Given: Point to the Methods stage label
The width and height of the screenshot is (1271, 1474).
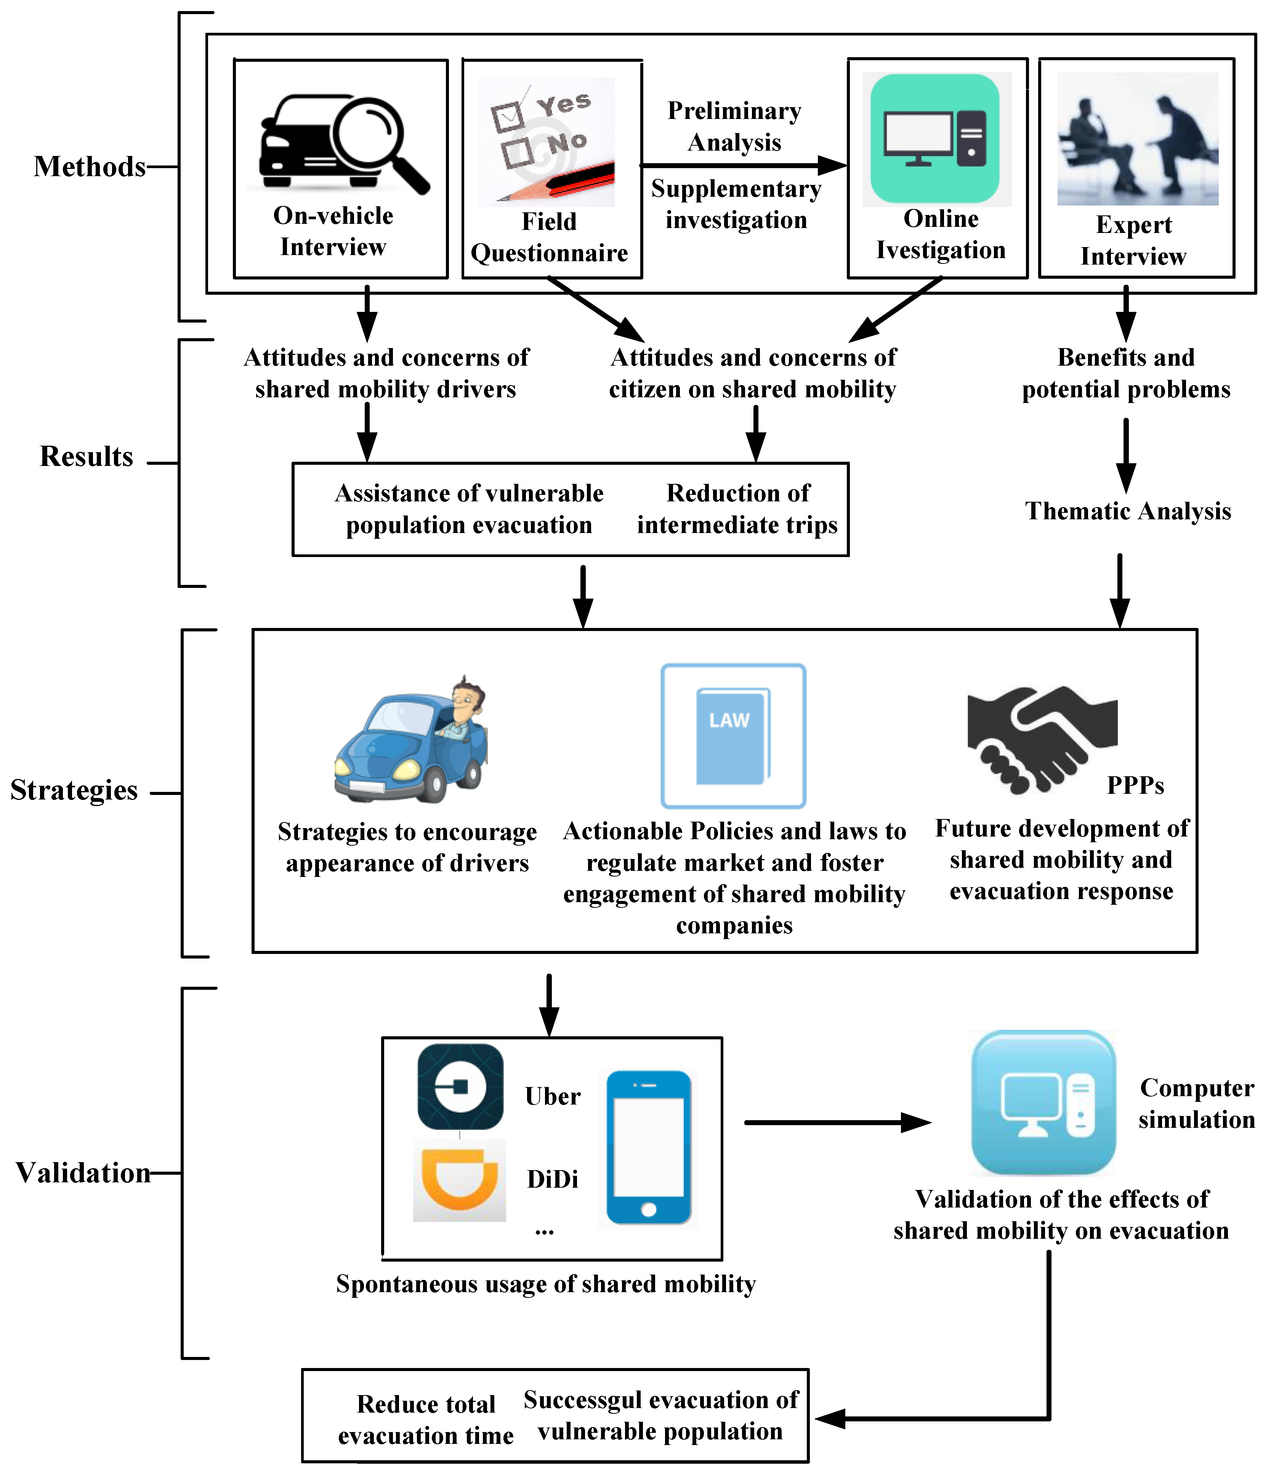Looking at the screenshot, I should pos(90,167).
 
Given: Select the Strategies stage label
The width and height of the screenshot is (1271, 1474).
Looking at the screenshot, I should pos(74,790).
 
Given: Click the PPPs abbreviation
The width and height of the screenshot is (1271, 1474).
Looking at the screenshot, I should pos(1135,785).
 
